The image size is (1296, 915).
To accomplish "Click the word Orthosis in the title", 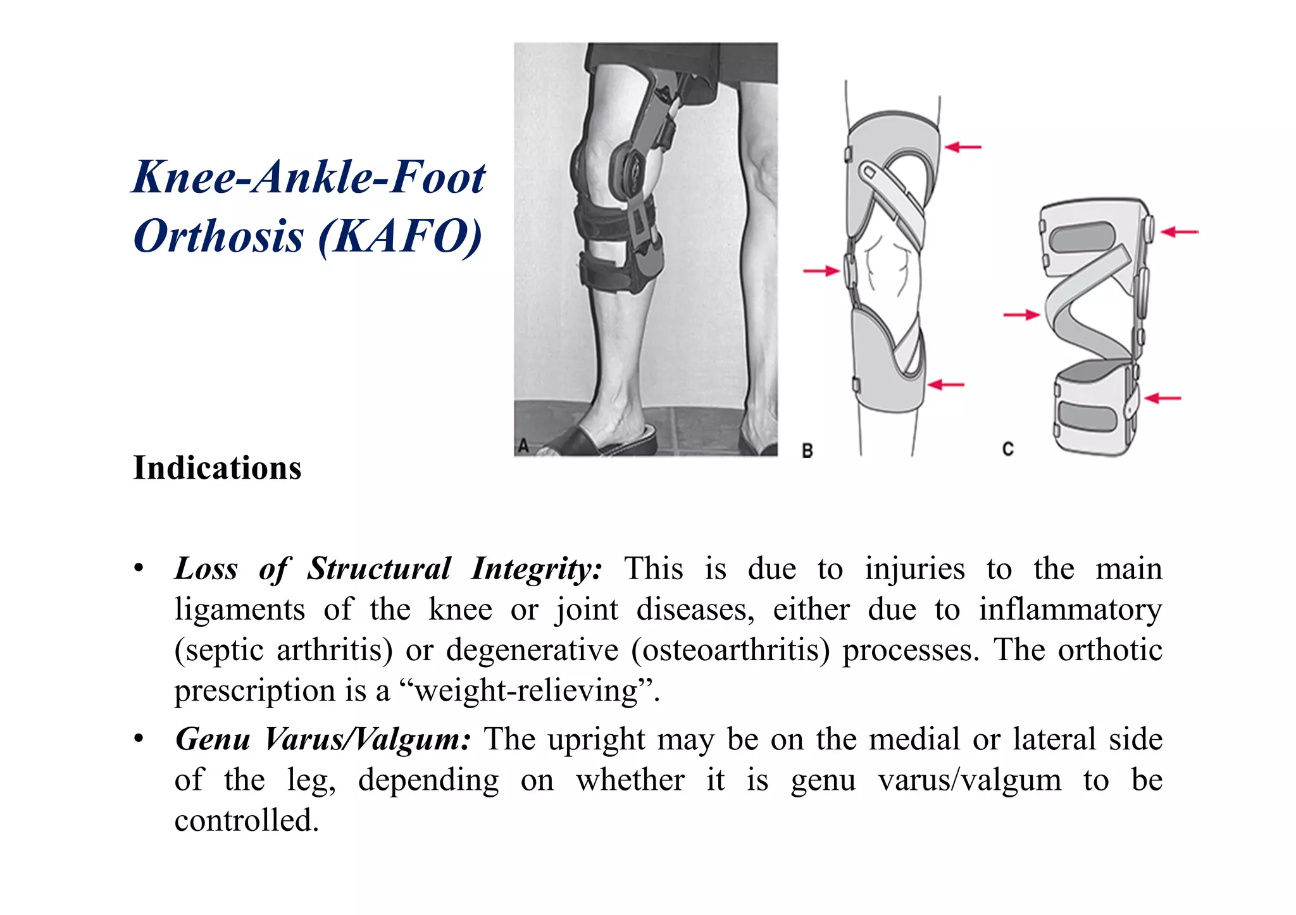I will tap(218, 236).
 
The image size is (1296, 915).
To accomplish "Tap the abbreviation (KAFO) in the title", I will tap(400, 236).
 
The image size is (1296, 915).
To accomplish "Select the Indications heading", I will tap(217, 469).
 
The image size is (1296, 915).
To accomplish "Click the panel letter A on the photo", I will tap(523, 446).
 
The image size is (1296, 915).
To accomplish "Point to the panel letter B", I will tap(807, 451).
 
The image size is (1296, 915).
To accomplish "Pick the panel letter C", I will tap(1008, 449).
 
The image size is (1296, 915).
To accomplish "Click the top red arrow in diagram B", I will tap(963, 147).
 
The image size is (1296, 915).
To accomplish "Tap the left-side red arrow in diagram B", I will tap(821, 271).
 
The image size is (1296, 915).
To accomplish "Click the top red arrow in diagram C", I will tap(1180, 232).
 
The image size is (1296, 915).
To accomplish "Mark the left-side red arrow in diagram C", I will tap(1021, 314).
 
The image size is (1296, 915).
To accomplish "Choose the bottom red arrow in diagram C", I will tap(1163, 398).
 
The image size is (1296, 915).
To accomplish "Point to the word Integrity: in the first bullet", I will tap(537, 568).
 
